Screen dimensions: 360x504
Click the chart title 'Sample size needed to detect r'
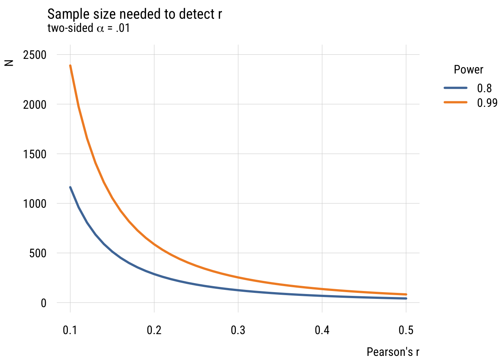pyautogui.click(x=135, y=14)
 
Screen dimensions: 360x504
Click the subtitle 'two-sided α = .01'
pyautogui.click(x=88, y=28)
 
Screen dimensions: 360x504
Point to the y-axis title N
pyautogui.click(x=9, y=63)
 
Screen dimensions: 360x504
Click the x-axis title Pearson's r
pyautogui.click(x=393, y=352)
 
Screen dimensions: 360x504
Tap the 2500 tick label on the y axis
pyautogui.click(x=35, y=55)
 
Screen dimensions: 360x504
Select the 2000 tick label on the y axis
pyautogui.click(x=35, y=104)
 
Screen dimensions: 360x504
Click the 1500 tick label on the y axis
pyautogui.click(x=35, y=154)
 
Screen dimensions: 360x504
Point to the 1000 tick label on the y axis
pyautogui.click(x=35, y=204)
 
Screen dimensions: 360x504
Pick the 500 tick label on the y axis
pyautogui.click(x=38, y=253)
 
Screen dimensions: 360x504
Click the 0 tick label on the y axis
pyautogui.click(x=43, y=303)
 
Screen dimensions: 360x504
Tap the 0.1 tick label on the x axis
pyautogui.click(x=70, y=330)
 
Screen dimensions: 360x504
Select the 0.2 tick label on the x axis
pyautogui.click(x=154, y=330)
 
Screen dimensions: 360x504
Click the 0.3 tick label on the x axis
pyautogui.click(x=238, y=330)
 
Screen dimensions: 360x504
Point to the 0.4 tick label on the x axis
pyautogui.click(x=322, y=330)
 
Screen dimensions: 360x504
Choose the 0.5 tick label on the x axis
pyautogui.click(x=406, y=330)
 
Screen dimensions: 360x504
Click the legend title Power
pyautogui.click(x=468, y=70)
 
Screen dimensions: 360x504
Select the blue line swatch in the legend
pyautogui.click(x=456, y=88)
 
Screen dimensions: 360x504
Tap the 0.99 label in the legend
pyautogui.click(x=487, y=103)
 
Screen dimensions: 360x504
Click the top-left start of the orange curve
pyautogui.click(x=70, y=66)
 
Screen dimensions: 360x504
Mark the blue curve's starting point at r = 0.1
pyautogui.click(x=70, y=187)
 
